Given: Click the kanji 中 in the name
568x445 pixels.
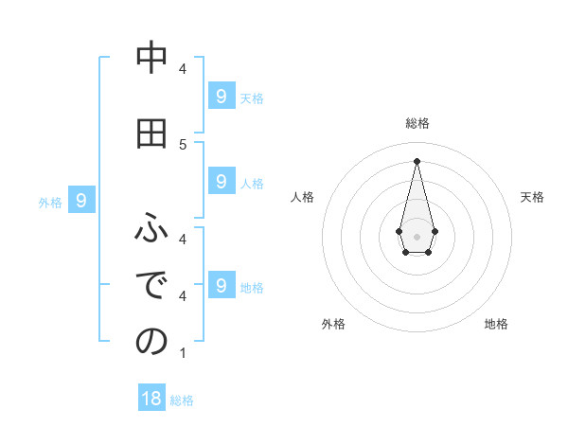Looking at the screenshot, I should [151, 59].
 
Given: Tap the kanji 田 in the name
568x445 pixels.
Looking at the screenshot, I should [151, 134].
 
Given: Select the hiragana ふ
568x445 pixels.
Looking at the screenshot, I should [151, 227].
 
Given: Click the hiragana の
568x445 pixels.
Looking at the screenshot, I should [151, 342].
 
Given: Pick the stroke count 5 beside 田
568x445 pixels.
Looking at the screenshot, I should [183, 144].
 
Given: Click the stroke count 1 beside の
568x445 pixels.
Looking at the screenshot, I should [183, 353].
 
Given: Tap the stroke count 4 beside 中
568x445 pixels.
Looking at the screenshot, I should [183, 68].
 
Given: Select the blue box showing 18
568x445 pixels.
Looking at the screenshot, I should [151, 399].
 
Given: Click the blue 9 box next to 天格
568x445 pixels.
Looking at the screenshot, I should [221, 96].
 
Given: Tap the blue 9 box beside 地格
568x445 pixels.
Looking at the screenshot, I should [221, 285].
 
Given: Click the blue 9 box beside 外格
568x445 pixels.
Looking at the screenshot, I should [81, 201].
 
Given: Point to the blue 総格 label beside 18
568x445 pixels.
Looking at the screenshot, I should [182, 400].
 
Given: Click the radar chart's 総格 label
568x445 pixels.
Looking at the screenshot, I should [417, 123].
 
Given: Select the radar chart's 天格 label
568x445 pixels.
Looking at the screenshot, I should [532, 197].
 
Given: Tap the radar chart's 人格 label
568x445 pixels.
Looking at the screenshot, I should [302, 197].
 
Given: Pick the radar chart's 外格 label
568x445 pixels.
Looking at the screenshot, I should [333, 324].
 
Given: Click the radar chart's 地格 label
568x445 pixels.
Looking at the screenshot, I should [496, 324].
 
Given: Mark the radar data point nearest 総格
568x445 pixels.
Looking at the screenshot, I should [417, 160].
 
